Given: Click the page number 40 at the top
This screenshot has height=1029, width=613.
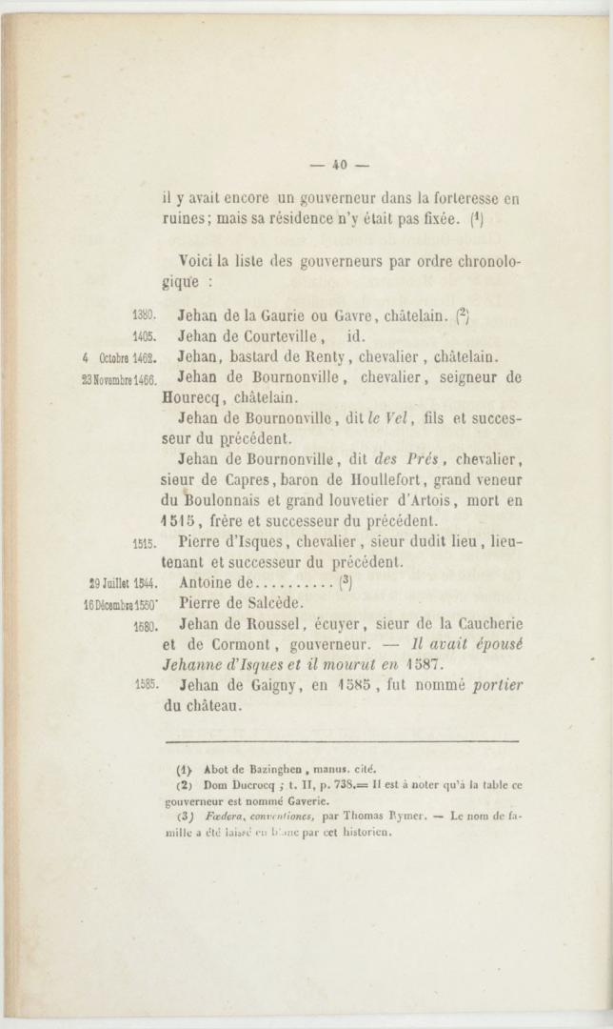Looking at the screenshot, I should tap(337, 165).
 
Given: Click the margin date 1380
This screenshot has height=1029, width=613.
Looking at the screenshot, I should tap(143, 312).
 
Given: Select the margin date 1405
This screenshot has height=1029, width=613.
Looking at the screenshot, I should tap(143, 335).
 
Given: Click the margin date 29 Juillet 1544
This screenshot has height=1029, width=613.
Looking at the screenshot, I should tap(122, 580).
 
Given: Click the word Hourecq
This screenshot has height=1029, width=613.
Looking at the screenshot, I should tap(188, 397).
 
